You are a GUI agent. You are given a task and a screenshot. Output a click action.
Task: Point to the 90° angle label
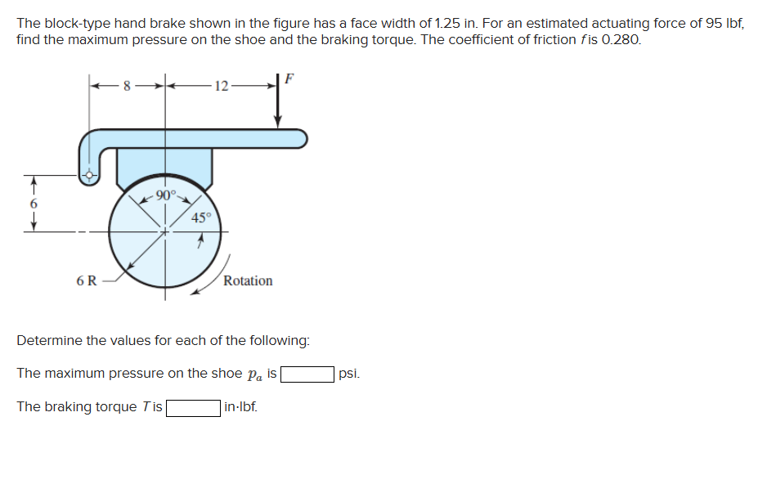click(x=166, y=195)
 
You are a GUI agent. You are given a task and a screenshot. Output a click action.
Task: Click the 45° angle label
click(x=201, y=217)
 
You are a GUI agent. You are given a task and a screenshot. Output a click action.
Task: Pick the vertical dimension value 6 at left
click(x=34, y=203)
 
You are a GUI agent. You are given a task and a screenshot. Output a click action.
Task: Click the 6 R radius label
click(x=86, y=281)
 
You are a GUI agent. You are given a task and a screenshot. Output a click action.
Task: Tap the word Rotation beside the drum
click(x=248, y=280)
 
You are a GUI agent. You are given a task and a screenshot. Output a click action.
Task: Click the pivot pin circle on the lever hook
click(x=90, y=174)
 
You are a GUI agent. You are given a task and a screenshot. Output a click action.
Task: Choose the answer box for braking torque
click(x=193, y=407)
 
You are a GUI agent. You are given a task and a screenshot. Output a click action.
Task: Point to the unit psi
click(x=348, y=374)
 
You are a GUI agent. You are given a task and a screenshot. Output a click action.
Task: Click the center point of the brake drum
click(x=166, y=231)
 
